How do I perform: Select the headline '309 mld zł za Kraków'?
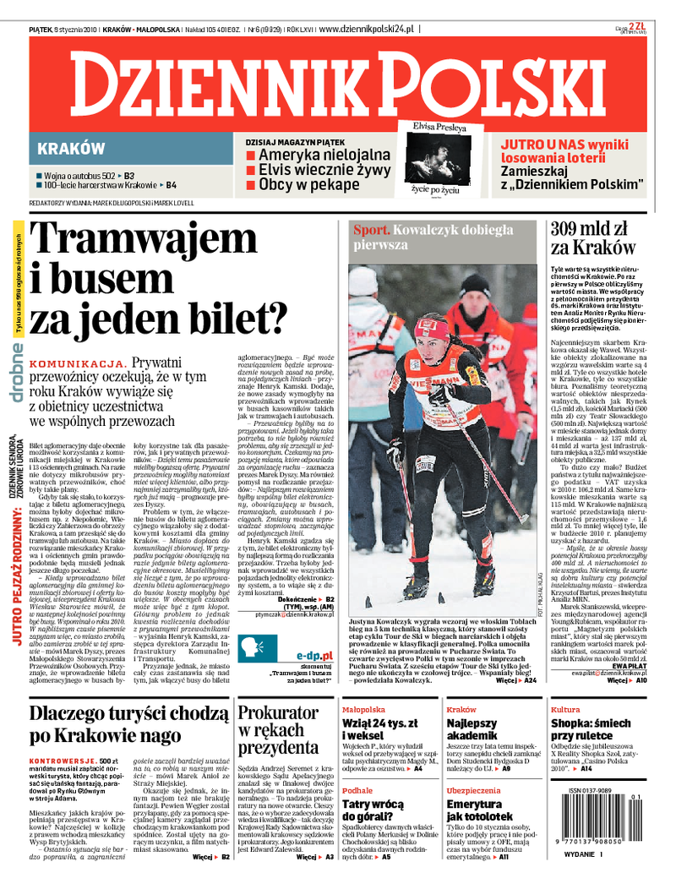coord(592,237)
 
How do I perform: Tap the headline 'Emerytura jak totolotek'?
coord(479,812)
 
